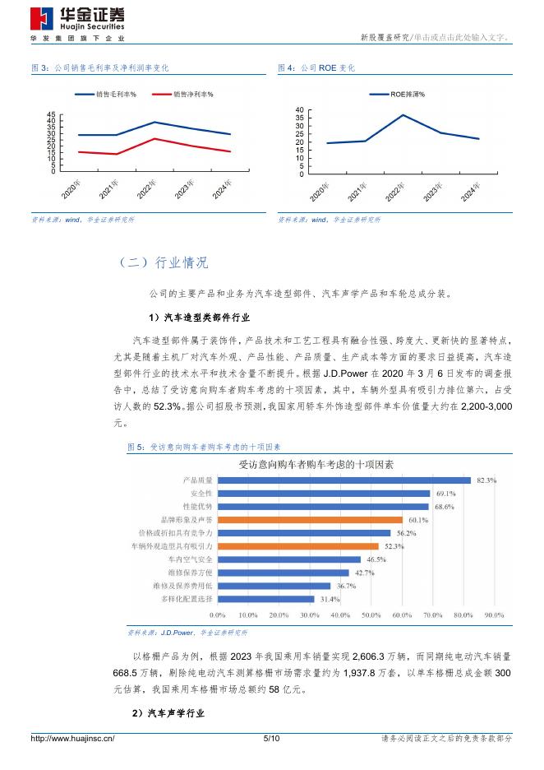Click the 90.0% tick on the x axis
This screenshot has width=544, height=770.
(x=494, y=615)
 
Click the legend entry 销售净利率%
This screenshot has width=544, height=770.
(x=193, y=95)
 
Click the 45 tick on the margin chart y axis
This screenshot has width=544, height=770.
(x=52, y=114)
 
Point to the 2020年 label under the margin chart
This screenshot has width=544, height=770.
(x=71, y=190)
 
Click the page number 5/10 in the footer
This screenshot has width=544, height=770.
(x=271, y=739)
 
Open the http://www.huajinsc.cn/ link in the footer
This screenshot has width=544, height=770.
(x=72, y=739)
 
